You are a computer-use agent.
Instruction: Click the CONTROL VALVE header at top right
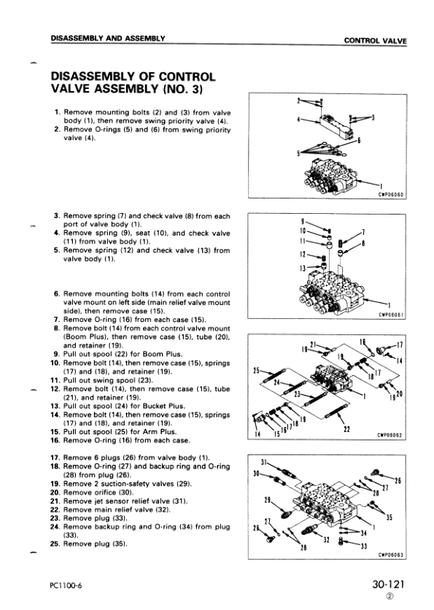tap(375, 40)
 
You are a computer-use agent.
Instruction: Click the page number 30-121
tap(388, 584)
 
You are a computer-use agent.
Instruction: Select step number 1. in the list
tap(57, 112)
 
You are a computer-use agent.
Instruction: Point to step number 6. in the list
tap(57, 294)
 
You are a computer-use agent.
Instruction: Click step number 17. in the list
tap(55, 457)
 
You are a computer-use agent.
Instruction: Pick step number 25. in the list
tap(55, 544)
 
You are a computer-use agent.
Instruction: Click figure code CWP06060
tap(391, 195)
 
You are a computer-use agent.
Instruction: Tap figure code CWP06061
tap(391, 315)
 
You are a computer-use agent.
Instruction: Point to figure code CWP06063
tap(391, 555)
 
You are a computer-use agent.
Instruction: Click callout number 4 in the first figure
tap(298, 120)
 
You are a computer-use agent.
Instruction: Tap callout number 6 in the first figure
tap(359, 140)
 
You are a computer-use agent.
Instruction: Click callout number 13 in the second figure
tap(303, 268)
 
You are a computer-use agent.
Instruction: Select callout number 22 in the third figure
tap(347, 430)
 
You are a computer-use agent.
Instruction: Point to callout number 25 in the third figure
tap(256, 371)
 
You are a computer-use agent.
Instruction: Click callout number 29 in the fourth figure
tap(268, 500)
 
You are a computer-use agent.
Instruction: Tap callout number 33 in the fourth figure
tap(364, 547)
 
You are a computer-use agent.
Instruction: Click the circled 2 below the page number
tap(390, 596)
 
